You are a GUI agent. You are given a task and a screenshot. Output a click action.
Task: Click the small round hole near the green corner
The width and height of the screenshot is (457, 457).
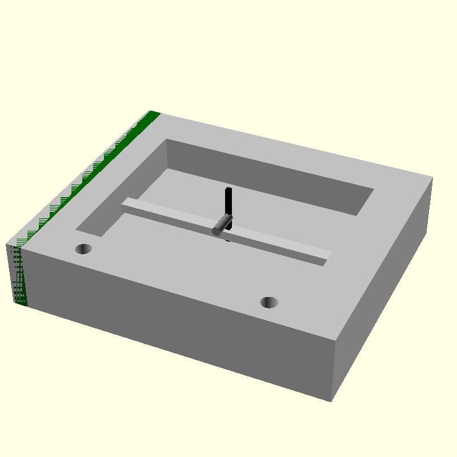click(x=84, y=248)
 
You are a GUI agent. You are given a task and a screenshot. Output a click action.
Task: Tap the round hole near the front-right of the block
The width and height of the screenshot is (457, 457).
click(x=268, y=302)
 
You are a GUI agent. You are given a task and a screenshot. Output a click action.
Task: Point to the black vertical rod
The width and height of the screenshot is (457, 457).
click(x=228, y=203)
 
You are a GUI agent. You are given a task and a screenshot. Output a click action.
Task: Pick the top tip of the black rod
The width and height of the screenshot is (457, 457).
click(x=228, y=189)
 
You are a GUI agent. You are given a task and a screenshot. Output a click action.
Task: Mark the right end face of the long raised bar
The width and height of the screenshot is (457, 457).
click(x=328, y=255)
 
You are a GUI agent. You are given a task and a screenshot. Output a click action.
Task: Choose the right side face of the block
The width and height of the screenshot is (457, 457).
click(x=383, y=286)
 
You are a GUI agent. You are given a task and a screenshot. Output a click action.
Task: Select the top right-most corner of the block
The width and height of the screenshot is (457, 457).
click(x=432, y=179)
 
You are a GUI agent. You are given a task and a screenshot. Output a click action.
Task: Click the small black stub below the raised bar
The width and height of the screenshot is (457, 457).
click(x=228, y=239)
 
